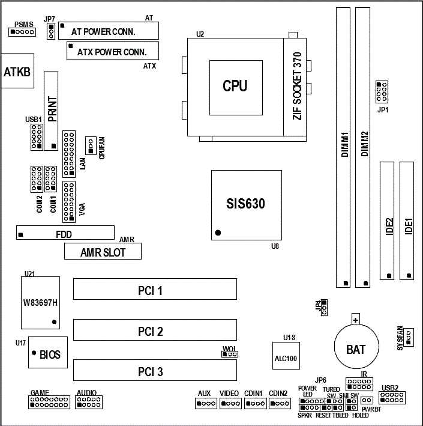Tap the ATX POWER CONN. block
pyautogui.click(x=112, y=52)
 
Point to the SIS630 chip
pyautogui.click(x=246, y=204)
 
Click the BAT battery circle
pyautogui.click(x=356, y=347)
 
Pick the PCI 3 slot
pyautogui.click(x=155, y=371)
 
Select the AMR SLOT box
pyautogui.click(x=103, y=252)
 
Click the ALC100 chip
pyautogui.click(x=286, y=356)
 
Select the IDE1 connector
pyautogui.click(x=409, y=221)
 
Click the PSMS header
pyautogui.click(x=22, y=31)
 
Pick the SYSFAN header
pyautogui.click(x=409, y=338)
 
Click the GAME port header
pyautogui.click(x=48, y=402)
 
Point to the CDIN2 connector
pyautogui.click(x=278, y=403)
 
